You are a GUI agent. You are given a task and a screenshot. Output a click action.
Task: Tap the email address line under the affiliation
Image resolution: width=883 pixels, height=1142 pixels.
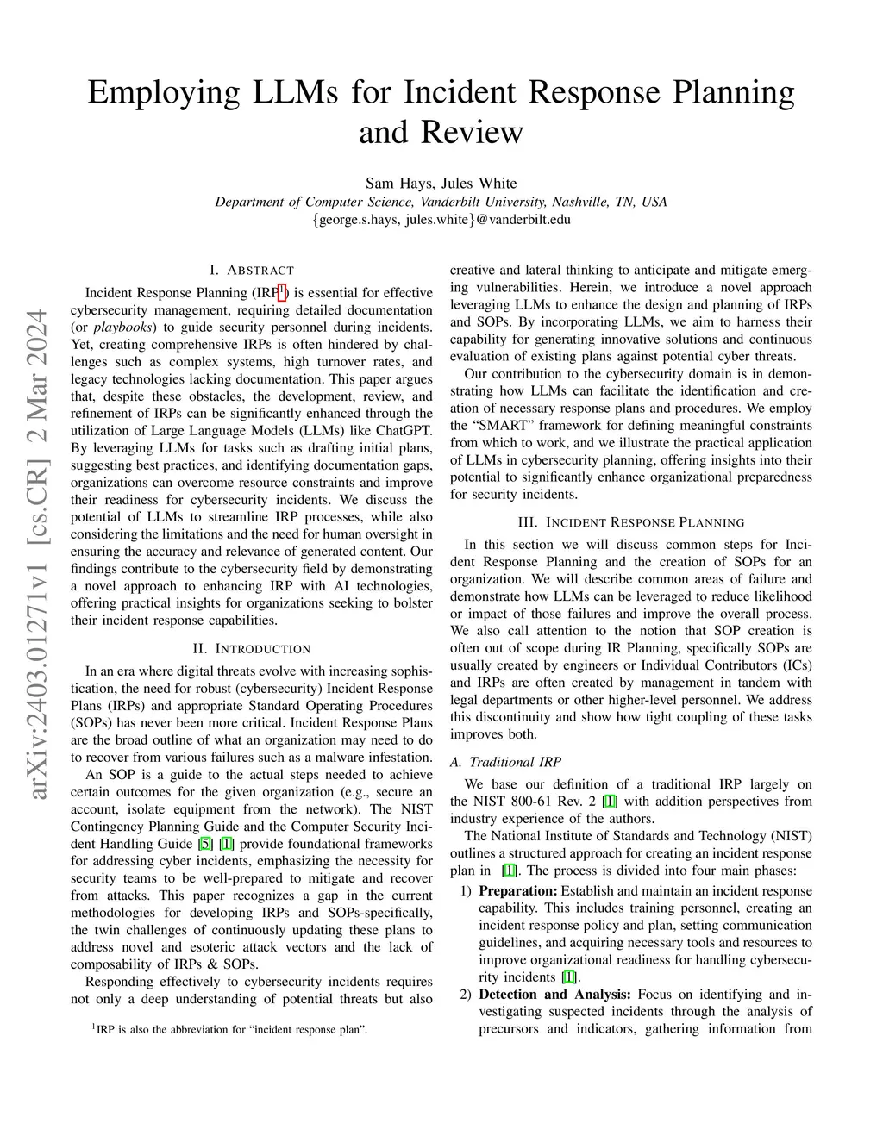[x=441, y=219]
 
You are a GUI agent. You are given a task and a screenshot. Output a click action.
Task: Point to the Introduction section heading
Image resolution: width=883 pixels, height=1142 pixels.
[x=251, y=648]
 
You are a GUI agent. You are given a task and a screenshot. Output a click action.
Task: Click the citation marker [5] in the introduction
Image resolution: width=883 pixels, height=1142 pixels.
[x=204, y=844]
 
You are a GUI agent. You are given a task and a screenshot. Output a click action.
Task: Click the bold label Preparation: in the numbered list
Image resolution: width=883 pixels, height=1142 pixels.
[x=518, y=891]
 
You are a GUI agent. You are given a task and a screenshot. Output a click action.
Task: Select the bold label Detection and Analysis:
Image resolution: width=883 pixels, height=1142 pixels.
[x=554, y=995]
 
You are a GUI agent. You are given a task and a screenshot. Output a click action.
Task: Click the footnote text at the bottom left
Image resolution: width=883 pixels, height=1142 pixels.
[x=230, y=1029]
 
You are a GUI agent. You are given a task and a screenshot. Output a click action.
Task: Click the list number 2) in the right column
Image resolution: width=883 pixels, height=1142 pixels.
[x=466, y=995]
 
